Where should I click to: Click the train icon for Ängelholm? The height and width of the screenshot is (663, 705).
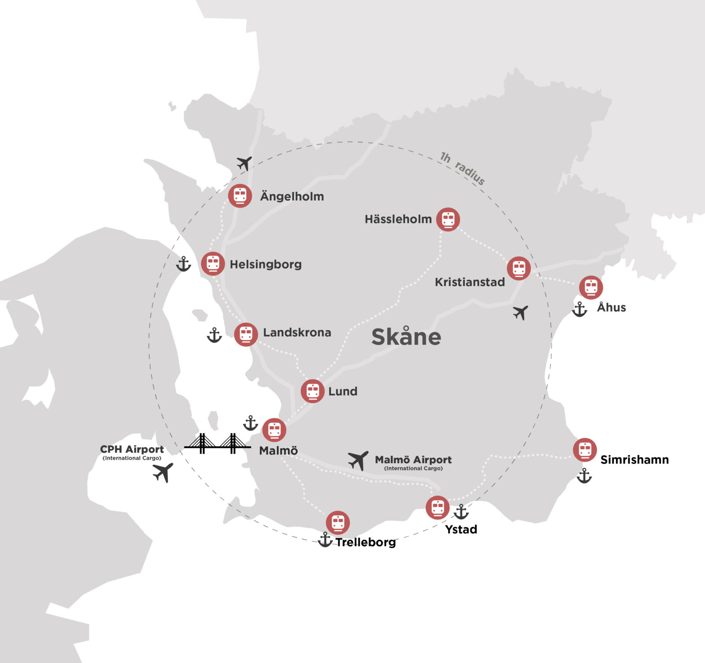coord(240,195)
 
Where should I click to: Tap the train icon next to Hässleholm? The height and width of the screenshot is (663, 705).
coord(448,219)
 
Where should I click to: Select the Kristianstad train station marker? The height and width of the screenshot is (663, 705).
coord(519,268)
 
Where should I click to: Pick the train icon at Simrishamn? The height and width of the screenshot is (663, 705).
coord(585,450)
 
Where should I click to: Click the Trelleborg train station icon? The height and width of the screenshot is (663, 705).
coord(338,523)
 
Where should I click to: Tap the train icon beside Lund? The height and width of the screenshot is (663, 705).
coord(313,391)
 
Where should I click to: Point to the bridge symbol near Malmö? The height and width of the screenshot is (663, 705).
coord(217,443)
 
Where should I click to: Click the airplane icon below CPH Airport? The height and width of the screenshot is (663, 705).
coord(163,473)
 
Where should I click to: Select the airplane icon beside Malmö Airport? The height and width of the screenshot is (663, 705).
coord(358,461)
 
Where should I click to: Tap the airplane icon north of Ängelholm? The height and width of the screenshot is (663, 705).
coord(244,163)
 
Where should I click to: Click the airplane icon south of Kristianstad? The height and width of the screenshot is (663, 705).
coord(520,313)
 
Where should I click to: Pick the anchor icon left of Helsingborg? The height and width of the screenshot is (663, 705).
coord(183,264)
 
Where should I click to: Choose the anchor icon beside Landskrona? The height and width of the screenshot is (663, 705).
coord(215,335)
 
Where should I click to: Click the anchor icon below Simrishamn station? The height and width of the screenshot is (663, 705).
coord(584,476)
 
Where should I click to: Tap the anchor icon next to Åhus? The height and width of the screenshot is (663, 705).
coord(579,309)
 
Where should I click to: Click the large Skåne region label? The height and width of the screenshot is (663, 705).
coord(406,337)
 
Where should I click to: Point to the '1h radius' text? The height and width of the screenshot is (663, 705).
coord(463,168)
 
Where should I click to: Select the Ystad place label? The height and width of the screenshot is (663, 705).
coord(461,529)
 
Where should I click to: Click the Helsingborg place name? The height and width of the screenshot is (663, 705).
coord(266,264)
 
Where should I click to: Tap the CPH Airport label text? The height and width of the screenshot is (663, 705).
coord(132,449)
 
